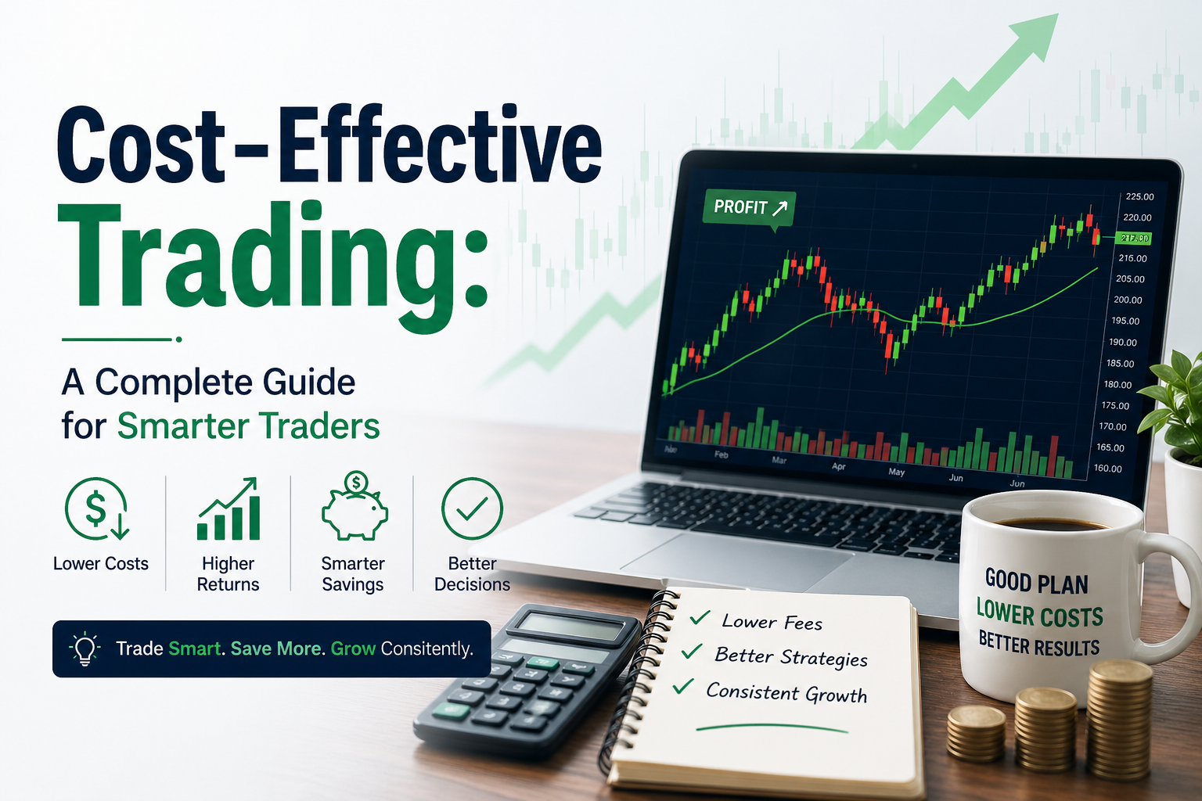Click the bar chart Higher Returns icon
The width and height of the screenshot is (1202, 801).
pos(228,510)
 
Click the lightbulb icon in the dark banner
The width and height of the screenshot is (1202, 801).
pos(85,649)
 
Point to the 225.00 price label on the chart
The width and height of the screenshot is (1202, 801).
pos(1139,196)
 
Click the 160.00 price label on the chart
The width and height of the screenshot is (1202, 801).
pos(1108,469)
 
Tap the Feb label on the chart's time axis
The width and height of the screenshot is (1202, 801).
pos(722,454)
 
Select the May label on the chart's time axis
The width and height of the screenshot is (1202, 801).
pos(897,472)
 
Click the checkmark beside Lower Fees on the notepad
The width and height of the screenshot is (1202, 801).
pos(700,619)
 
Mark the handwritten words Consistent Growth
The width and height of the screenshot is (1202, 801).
pos(786,693)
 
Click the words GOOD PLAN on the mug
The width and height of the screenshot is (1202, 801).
pos(1036,582)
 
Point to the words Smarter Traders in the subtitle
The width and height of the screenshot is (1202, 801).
pos(248,426)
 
